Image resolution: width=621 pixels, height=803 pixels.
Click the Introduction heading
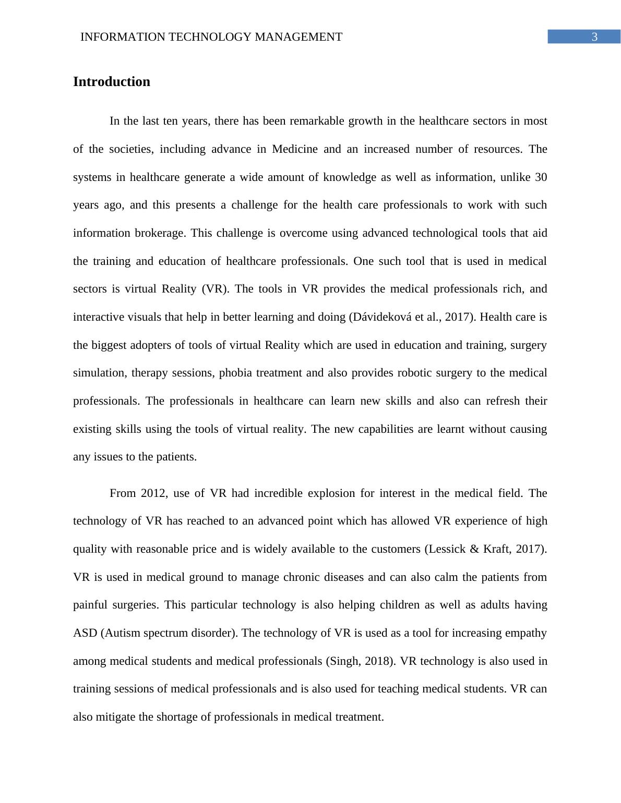pos(111,82)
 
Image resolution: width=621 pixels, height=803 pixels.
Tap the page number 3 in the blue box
pos(594,37)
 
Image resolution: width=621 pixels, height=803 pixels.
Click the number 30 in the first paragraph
pos(541,177)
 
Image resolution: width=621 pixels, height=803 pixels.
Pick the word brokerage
pos(159,233)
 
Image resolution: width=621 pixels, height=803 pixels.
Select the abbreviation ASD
pos(85,633)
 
